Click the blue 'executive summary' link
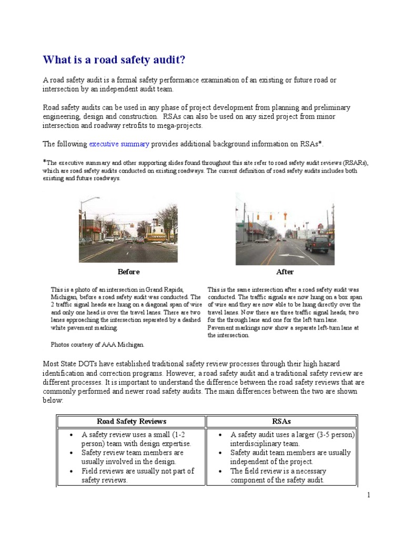[119, 144]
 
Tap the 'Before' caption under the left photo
[128, 272]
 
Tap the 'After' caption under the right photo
[285, 272]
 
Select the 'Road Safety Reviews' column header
[131, 421]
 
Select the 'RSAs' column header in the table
[281, 421]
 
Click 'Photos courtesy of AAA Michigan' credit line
[97, 345]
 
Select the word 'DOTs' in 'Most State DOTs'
[90, 363]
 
